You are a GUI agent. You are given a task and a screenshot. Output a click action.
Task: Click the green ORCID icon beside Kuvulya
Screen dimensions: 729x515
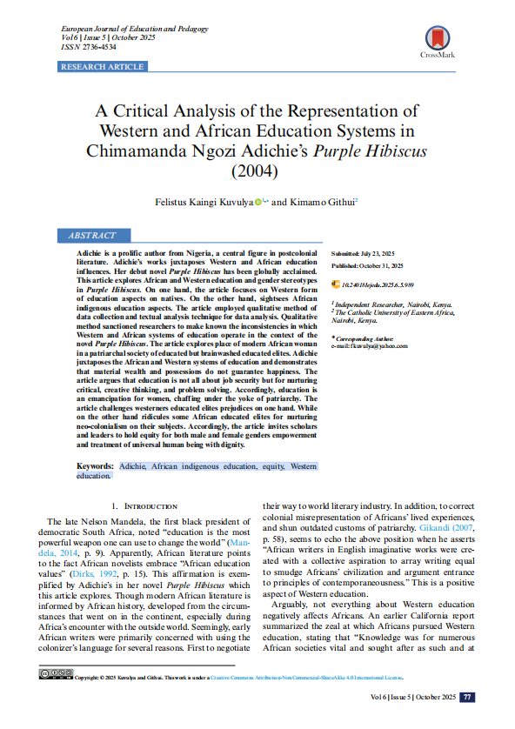(x=258, y=202)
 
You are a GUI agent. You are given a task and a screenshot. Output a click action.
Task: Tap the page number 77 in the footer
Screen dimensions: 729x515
(x=467, y=697)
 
